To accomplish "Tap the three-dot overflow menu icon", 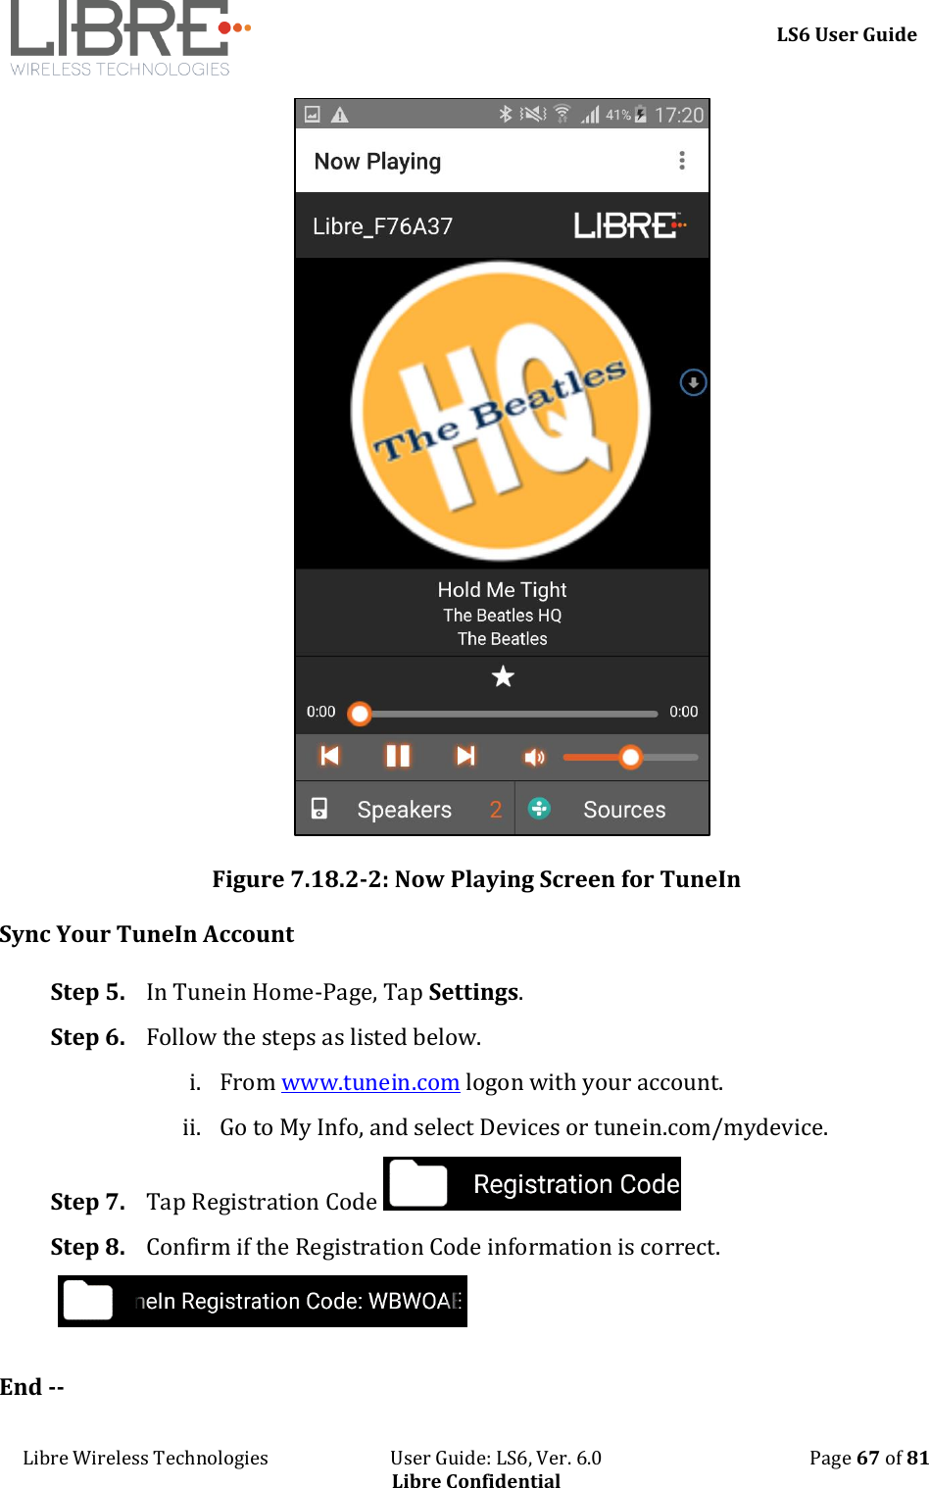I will (x=682, y=161).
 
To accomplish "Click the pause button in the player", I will (x=398, y=756).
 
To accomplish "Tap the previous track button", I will (x=330, y=756).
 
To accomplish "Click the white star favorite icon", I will (x=503, y=676).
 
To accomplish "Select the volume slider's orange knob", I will (x=631, y=757).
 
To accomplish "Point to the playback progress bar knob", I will (x=361, y=714).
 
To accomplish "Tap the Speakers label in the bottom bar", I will (x=404, y=810).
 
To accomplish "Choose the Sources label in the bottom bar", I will (x=624, y=810).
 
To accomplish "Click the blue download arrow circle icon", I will (x=693, y=382).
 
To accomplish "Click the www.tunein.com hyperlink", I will (x=370, y=1082).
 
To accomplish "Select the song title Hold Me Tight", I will (x=502, y=590).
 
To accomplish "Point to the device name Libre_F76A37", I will (x=382, y=226).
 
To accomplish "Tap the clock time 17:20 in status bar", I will (x=678, y=116).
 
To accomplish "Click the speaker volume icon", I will (x=534, y=757).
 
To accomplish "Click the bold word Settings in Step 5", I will (x=473, y=992).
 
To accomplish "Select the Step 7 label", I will (x=87, y=1202).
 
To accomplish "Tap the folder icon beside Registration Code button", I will (x=418, y=1184).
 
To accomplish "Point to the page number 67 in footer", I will (x=867, y=1458).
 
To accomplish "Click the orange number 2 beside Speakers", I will (x=496, y=810).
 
